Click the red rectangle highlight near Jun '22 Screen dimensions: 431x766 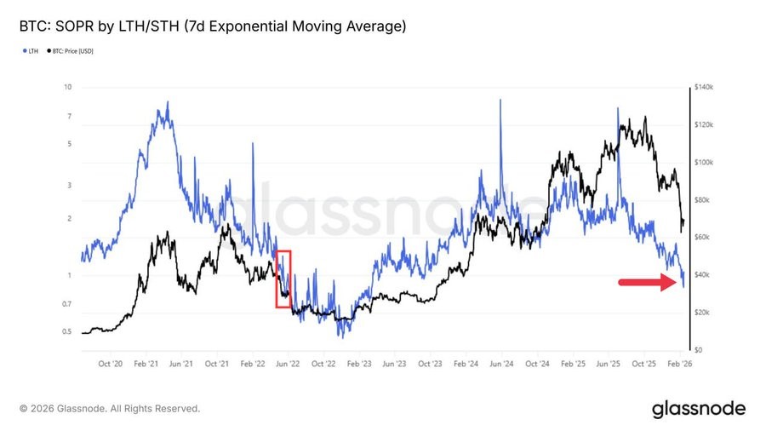point(283,279)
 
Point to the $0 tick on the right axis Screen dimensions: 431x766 point(698,350)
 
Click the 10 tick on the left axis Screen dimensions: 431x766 point(68,87)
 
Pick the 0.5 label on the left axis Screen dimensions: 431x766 point(66,332)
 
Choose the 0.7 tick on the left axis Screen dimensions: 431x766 point(66,304)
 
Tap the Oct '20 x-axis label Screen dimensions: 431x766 point(111,364)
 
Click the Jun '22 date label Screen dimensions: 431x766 point(289,364)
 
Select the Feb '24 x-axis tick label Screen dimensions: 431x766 point(466,364)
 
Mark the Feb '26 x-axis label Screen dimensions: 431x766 point(679,364)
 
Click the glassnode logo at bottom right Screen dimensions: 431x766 point(698,409)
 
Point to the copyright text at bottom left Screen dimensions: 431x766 point(110,409)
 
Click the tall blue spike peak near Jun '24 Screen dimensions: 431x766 point(500,100)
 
